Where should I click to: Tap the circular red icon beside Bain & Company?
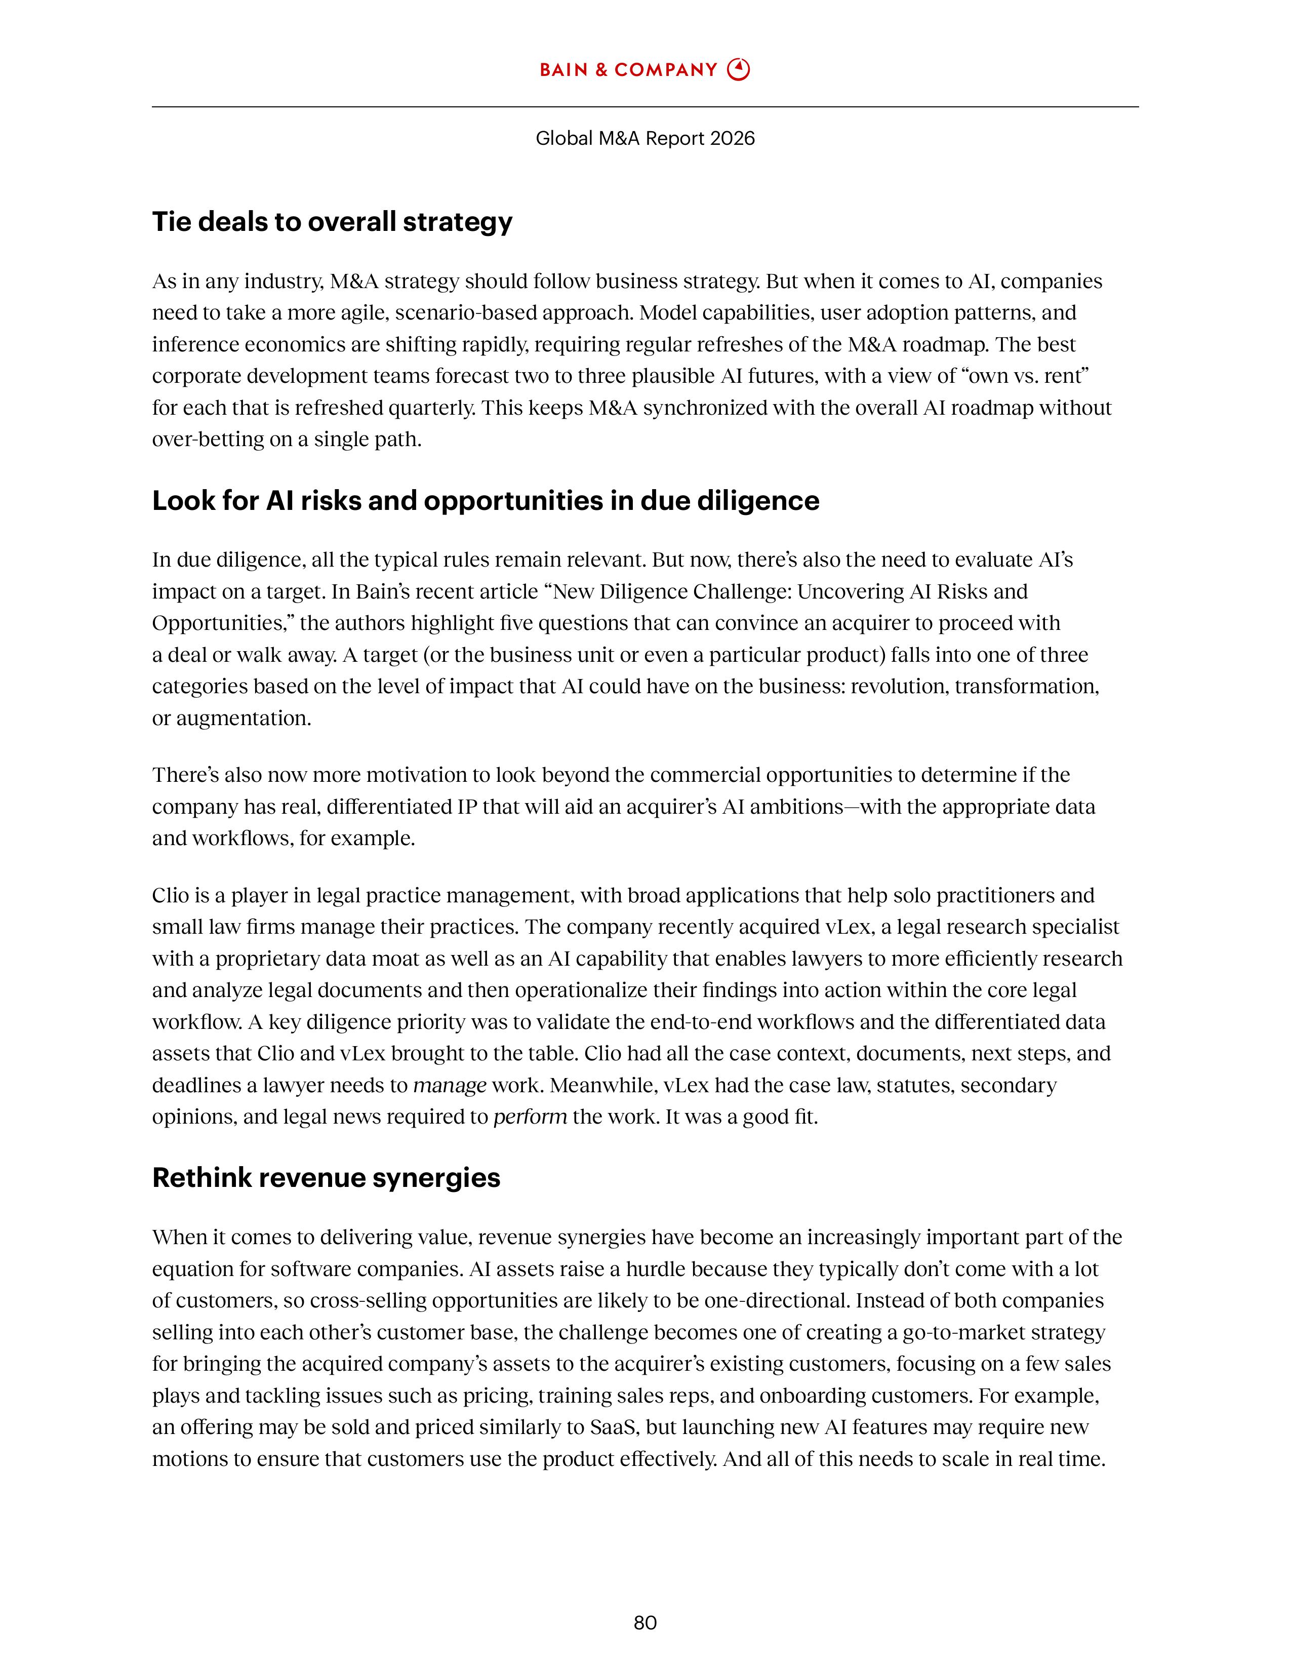738,70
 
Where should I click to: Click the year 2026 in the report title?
732,138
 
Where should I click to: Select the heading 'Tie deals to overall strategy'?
332,222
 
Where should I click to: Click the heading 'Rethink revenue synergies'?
326,1177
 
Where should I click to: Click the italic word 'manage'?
449,1086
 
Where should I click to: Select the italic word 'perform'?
530,1117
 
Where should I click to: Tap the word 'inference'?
195,344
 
